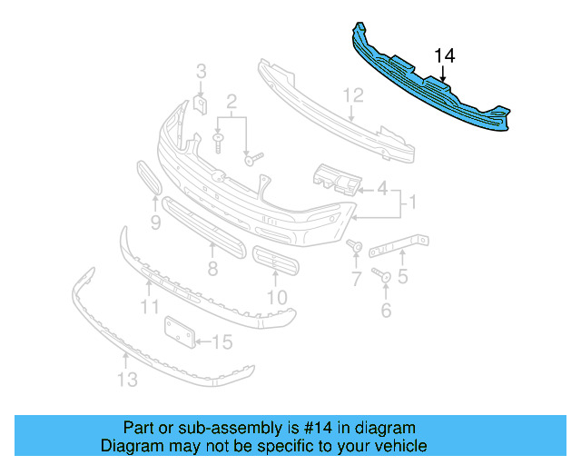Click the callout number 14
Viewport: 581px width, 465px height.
click(444, 56)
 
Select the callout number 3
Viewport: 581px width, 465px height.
click(202, 72)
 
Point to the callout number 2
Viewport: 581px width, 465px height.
click(231, 101)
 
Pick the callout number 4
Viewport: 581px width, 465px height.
click(382, 190)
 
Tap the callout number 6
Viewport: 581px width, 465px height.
click(386, 311)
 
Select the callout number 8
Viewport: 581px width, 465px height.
click(212, 269)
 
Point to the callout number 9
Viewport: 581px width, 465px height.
click(155, 222)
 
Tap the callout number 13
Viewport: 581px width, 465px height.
click(128, 380)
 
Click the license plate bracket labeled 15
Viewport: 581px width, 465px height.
click(179, 331)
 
